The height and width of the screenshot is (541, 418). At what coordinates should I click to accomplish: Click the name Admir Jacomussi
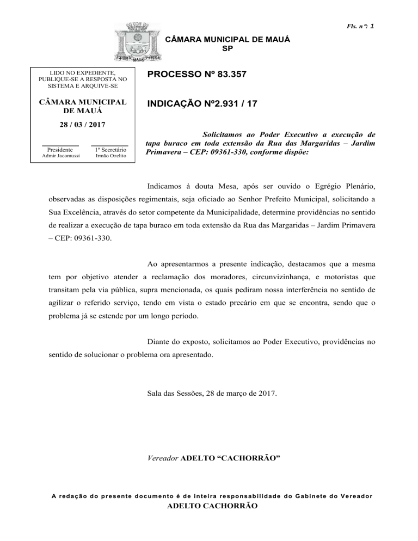60,156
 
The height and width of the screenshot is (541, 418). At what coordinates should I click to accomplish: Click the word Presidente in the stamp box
60,149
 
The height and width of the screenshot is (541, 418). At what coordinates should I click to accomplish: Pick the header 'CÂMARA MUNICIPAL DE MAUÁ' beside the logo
227,40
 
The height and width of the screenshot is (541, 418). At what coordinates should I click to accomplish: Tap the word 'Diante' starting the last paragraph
159,343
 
